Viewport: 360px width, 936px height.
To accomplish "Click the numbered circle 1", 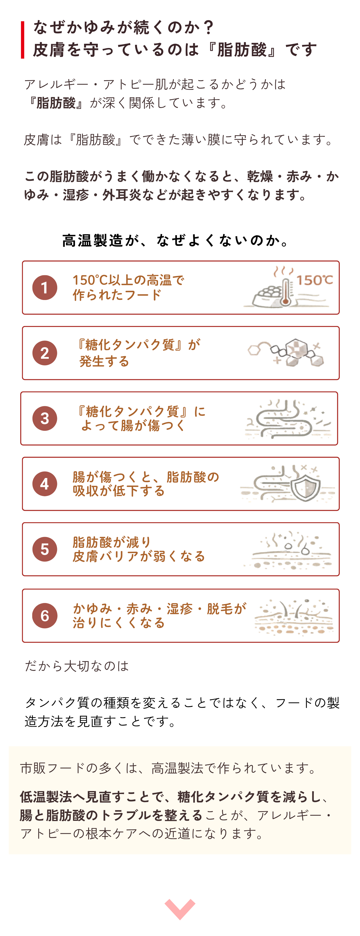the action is tap(45, 287).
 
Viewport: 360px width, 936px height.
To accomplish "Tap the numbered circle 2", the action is tap(45, 353).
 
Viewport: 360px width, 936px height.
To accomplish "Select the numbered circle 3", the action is tap(45, 418).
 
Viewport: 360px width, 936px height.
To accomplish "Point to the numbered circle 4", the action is tap(45, 483).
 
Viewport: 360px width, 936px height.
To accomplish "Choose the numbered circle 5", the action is tap(45, 549).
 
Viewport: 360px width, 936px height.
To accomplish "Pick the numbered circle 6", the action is tap(45, 615).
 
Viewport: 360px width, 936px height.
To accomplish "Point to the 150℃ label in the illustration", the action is tap(314, 280).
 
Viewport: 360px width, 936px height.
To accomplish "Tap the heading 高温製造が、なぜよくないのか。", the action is tap(176, 240).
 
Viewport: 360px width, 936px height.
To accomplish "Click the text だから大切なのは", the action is tap(77, 666).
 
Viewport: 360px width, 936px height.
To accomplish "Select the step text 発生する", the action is tap(104, 361).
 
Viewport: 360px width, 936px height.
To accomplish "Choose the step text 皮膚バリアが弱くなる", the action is tap(139, 556).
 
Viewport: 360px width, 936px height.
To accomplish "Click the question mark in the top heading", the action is tap(208, 27).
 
